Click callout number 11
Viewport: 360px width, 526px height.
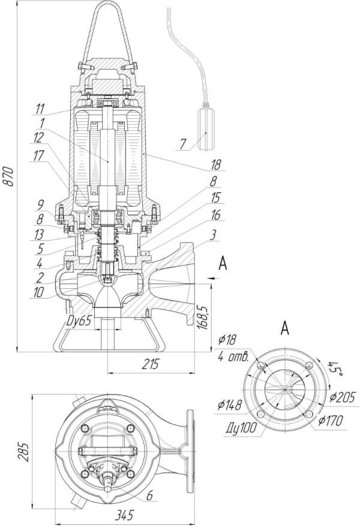click(x=40, y=108)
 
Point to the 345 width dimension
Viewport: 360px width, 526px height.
click(x=124, y=515)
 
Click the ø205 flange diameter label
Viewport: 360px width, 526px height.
click(x=343, y=396)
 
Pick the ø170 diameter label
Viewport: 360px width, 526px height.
click(x=331, y=421)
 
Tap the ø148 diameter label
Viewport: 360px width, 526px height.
click(x=229, y=406)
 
